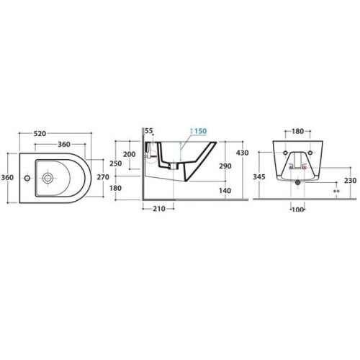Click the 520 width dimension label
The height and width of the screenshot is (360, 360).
point(40,134)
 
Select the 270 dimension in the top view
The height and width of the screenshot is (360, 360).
point(103,177)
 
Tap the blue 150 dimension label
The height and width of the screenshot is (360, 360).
point(200,131)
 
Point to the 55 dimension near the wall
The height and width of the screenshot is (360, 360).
point(149,131)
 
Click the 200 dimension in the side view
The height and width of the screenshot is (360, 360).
point(130,154)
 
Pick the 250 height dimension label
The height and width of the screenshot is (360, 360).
point(116,163)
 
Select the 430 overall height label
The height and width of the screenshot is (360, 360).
point(243,153)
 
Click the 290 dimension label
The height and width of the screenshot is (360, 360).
point(225,166)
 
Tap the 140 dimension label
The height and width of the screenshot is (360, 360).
point(225,191)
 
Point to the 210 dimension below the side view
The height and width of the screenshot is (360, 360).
point(159,209)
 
